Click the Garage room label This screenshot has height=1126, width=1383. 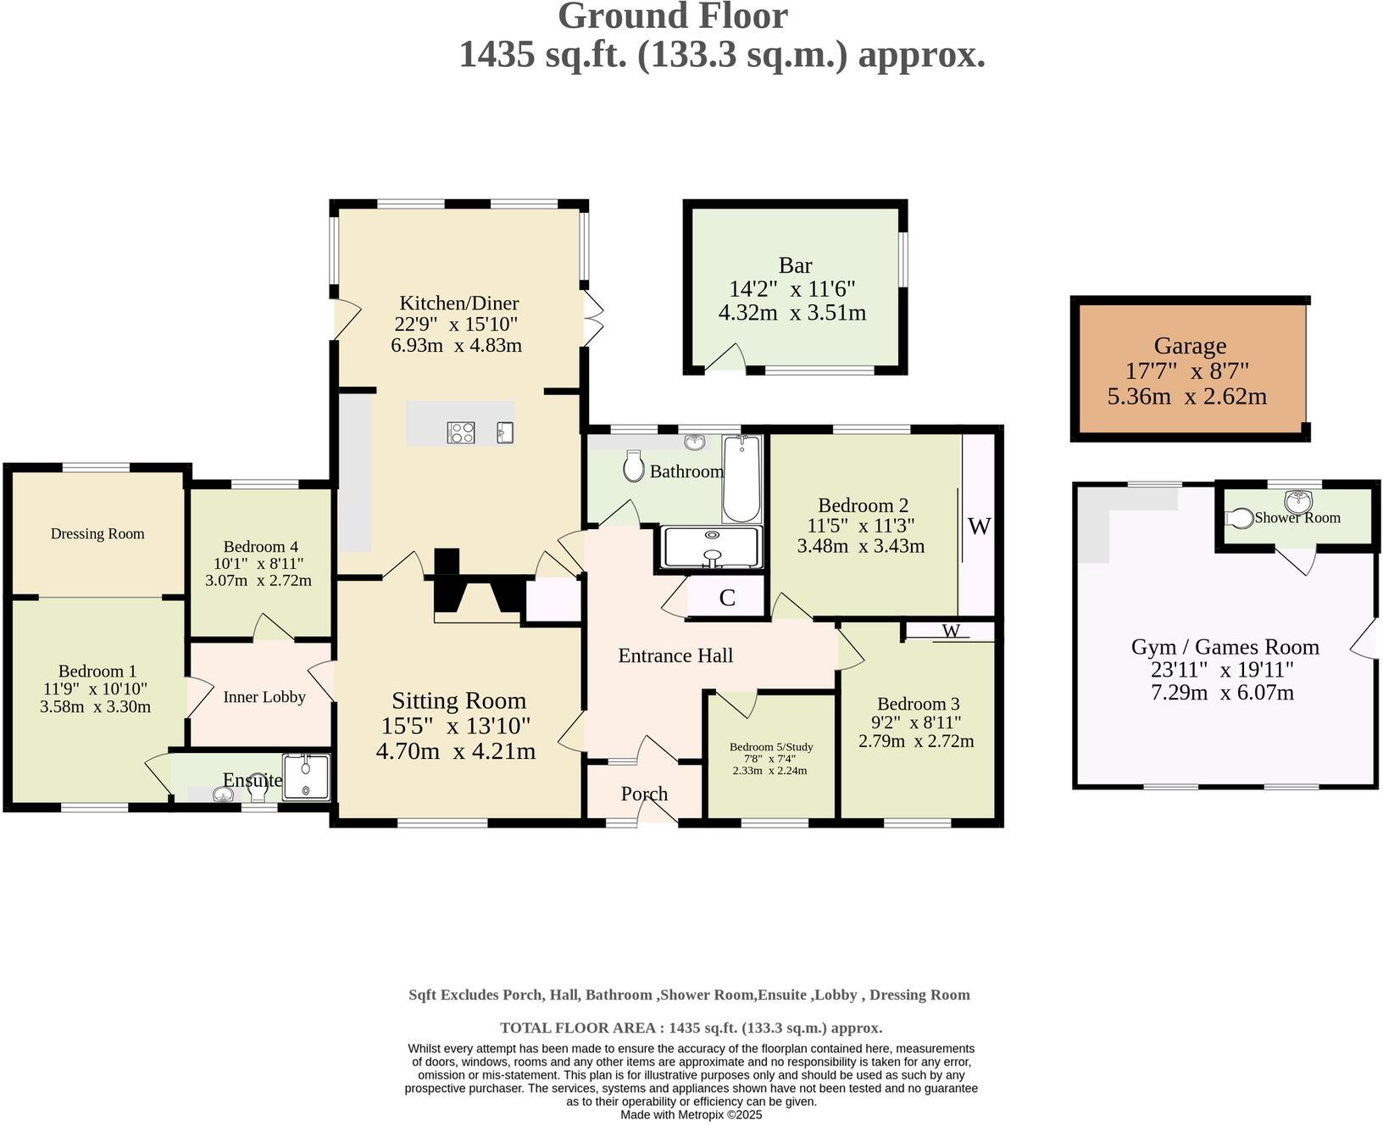coord(1190,346)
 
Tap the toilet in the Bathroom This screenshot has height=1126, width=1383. coord(633,465)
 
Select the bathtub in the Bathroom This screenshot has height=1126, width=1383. coord(742,479)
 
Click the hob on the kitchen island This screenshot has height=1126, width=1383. coord(461,433)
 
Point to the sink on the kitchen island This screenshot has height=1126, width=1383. coord(505,433)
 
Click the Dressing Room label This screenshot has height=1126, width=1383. coord(97,533)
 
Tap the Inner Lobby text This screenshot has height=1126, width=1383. coord(264,697)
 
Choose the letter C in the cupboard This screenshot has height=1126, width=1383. coord(727,598)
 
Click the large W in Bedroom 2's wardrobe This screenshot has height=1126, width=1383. coord(979,527)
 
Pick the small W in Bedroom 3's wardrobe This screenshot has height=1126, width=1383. coord(952,631)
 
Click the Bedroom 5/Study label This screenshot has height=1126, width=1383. coord(771,747)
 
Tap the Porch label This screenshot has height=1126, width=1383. coord(644,794)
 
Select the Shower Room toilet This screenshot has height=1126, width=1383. coord(1240,517)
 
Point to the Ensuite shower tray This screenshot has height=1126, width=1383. coord(305,777)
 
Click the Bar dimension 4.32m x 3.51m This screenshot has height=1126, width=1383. coord(792,313)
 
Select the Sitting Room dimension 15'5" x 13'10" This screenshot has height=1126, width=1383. coord(456,726)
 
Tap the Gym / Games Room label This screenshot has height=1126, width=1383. coord(1225,647)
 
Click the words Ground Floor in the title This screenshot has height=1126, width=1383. coord(673,16)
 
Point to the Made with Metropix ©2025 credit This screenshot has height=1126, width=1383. coord(691,1115)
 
